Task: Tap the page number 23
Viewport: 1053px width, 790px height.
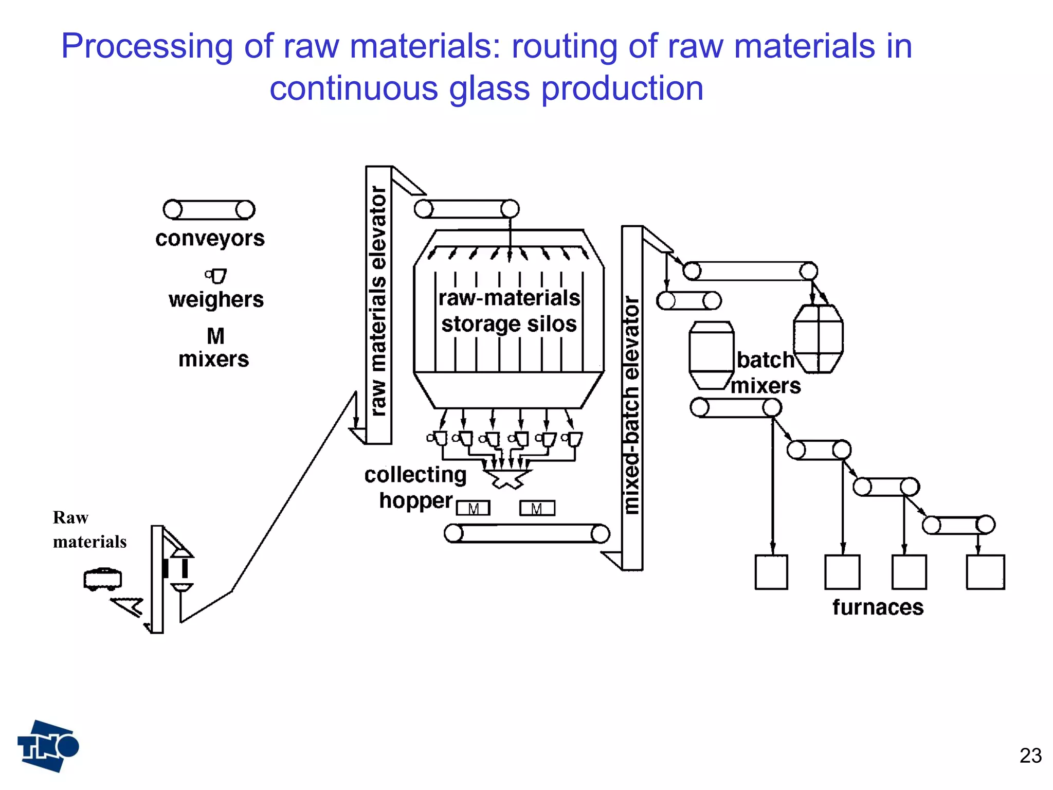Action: pyautogui.click(x=1030, y=756)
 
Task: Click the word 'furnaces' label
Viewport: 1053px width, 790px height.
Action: pyautogui.click(x=878, y=607)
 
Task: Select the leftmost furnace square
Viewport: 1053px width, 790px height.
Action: pyautogui.click(x=771, y=572)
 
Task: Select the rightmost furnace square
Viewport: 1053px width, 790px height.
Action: pyautogui.click(x=985, y=572)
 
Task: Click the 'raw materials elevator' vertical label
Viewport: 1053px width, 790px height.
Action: pyautogui.click(x=378, y=301)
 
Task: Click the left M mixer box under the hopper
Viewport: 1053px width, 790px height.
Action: pyautogui.click(x=473, y=508)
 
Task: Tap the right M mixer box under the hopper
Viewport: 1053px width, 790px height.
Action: pyautogui.click(x=537, y=508)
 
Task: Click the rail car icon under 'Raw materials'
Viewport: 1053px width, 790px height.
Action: pyautogui.click(x=103, y=579)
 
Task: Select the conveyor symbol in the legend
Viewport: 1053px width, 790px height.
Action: pyautogui.click(x=209, y=210)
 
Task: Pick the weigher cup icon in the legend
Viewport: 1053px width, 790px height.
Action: pyautogui.click(x=216, y=276)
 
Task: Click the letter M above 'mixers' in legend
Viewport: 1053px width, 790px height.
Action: pyautogui.click(x=215, y=336)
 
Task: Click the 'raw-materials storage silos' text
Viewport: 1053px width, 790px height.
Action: pyautogui.click(x=509, y=311)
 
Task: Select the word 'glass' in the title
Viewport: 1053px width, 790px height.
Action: pyautogui.click(x=489, y=88)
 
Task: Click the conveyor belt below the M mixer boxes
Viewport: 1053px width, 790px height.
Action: pyautogui.click(x=527, y=533)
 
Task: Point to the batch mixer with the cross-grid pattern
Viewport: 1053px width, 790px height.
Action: pyautogui.click(x=818, y=338)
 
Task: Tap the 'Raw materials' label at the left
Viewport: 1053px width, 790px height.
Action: pyautogui.click(x=89, y=529)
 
